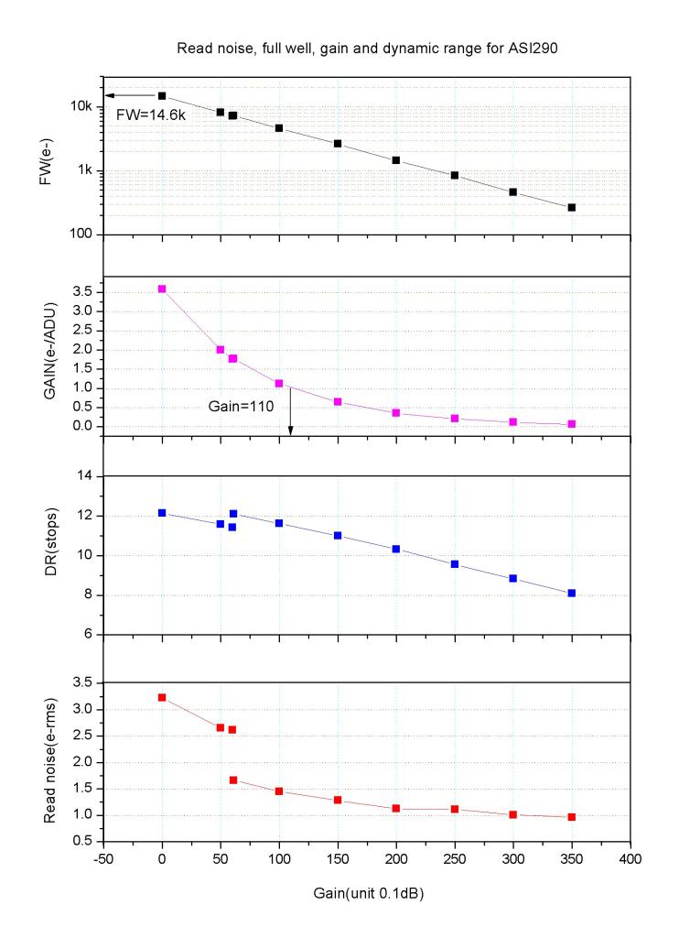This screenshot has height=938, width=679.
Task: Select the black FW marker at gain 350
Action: (x=572, y=208)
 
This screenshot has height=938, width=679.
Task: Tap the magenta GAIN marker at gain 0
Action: (x=162, y=289)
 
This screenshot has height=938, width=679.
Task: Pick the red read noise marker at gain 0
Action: (x=162, y=697)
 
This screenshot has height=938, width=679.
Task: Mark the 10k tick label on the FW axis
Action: (x=81, y=106)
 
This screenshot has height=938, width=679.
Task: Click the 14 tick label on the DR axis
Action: (x=85, y=475)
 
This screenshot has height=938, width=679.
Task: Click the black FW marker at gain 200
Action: (x=396, y=160)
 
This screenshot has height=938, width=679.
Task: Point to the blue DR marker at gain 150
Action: (x=338, y=535)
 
